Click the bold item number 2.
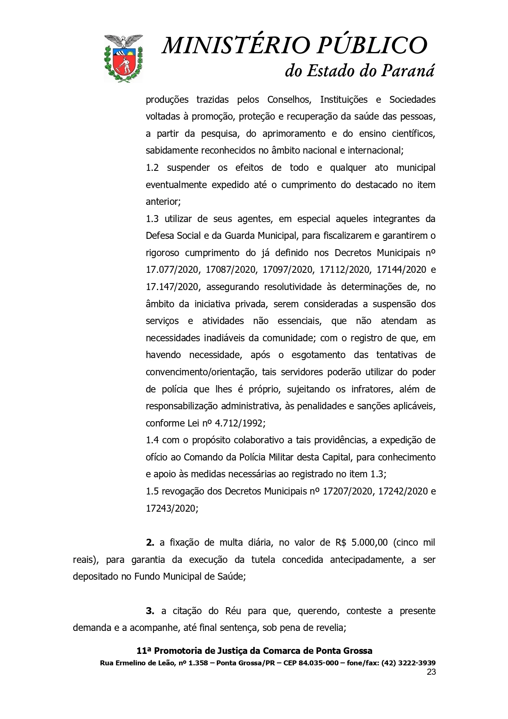150,542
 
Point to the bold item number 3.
150,611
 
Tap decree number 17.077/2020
172,270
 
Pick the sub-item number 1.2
152,167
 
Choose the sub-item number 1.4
152,440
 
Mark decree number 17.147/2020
172,287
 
